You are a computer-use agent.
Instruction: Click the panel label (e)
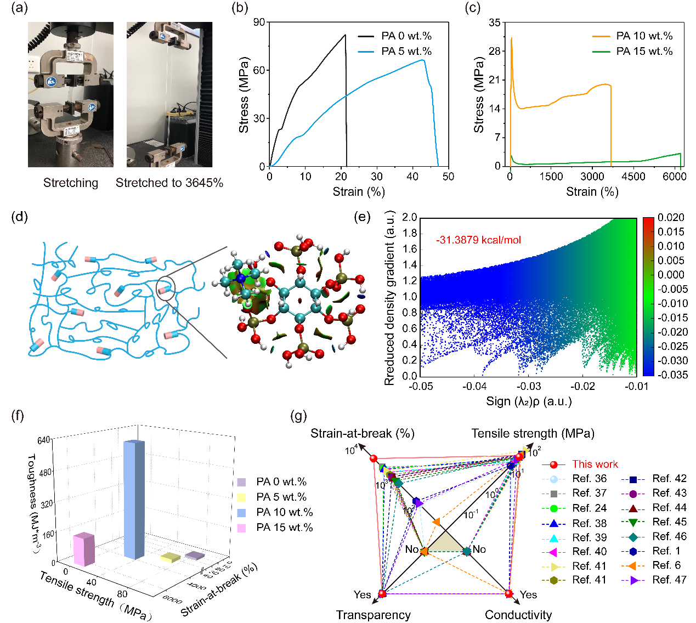point(363,216)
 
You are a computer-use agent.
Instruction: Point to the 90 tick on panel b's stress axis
point(259,22)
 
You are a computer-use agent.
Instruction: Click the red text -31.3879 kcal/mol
point(478,240)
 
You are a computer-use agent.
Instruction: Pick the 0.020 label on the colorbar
point(671,218)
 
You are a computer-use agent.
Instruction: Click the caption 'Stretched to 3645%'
point(169,183)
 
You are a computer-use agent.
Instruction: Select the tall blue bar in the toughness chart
point(134,499)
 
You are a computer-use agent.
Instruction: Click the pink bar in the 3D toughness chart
point(84,549)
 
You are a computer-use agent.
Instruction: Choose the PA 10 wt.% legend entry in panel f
point(284,512)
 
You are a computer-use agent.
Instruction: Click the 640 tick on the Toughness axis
point(44,440)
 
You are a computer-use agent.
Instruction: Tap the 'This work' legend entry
point(595,465)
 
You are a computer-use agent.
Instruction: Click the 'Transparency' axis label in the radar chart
point(373,615)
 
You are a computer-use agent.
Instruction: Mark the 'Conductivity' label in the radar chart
point(518,615)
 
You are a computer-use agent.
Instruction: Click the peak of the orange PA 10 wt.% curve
point(511,38)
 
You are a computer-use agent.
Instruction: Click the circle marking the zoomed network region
point(166,288)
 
